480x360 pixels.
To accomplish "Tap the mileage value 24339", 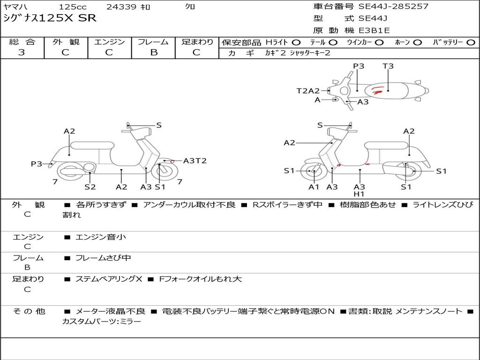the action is [x=121, y=7].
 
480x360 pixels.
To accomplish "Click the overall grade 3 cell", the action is [x=22, y=52].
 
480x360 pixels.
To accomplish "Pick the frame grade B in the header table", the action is [x=154, y=52].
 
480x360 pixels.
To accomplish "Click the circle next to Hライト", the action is [x=296, y=42].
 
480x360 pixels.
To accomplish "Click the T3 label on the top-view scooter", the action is [x=388, y=66].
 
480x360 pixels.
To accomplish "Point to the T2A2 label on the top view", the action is [x=308, y=91].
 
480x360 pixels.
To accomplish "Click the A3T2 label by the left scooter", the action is [x=195, y=161].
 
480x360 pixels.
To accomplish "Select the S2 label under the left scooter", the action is [x=90, y=187].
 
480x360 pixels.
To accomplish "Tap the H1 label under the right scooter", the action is [x=359, y=194].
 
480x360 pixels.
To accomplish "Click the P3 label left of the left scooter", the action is [x=37, y=164].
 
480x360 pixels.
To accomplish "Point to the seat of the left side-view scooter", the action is [x=92, y=145].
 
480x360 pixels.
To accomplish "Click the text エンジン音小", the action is [x=101, y=237].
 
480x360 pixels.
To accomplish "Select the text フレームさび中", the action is [x=103, y=258].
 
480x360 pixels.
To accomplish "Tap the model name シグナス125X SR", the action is [x=50, y=18].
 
